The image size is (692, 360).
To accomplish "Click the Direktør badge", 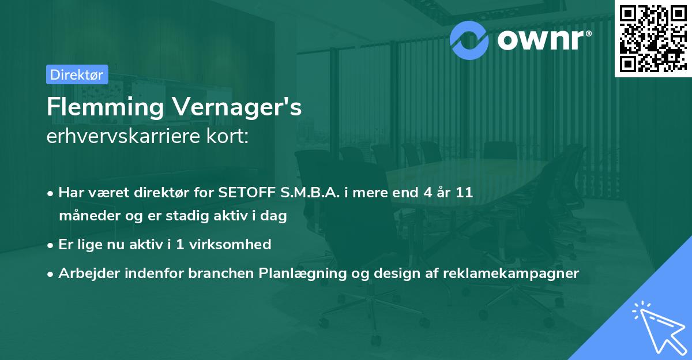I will (77, 74).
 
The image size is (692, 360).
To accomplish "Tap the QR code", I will (652, 38).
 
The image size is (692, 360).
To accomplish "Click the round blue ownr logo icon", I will (469, 39).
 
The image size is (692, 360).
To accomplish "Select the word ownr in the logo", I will (540, 39).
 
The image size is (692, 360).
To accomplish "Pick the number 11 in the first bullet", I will (464, 193).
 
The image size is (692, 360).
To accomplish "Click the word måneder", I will (86, 216).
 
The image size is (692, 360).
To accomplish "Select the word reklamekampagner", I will (511, 273).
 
